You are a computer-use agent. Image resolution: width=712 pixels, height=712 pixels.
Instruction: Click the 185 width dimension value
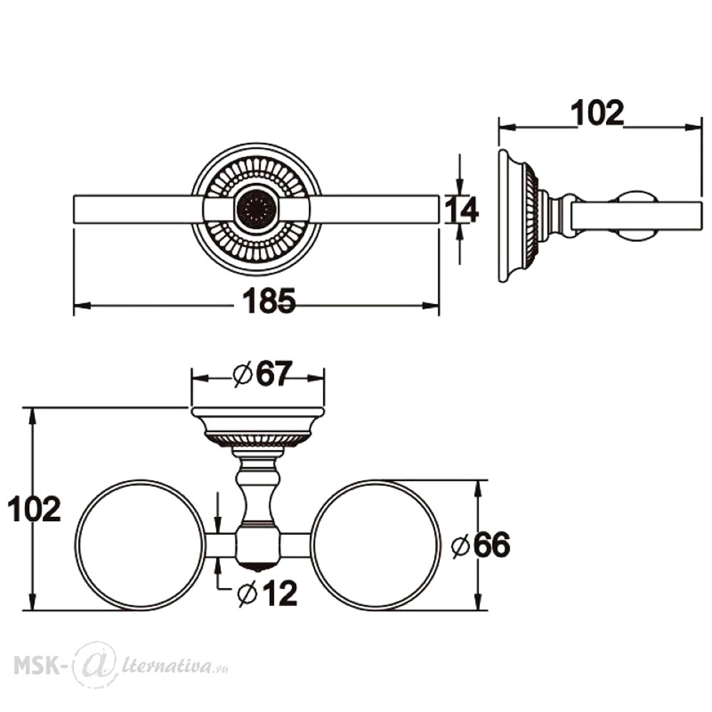pos(269,300)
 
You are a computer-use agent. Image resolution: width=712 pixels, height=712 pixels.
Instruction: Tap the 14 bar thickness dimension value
pos(461,210)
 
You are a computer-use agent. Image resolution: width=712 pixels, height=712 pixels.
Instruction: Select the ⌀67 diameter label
pos(261,375)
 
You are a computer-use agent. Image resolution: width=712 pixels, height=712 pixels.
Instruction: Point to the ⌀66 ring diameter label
pos(481,545)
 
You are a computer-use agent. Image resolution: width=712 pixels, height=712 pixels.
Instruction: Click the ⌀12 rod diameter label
pos(268,593)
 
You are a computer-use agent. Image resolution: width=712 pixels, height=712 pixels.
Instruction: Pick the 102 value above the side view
pos(597,112)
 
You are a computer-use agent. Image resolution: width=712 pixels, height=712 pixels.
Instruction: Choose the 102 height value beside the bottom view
pos(34,509)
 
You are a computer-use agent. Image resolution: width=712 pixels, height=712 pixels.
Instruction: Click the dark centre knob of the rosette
pos(256,209)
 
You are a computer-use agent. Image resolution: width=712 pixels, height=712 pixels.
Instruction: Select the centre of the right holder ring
pos(377,545)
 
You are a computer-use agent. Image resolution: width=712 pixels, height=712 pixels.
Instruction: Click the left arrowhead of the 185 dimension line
pos(82,305)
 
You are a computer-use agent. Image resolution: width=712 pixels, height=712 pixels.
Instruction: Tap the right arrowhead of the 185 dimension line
pos(431,305)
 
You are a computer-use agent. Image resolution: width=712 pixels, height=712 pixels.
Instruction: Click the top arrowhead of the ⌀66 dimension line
pos(477,488)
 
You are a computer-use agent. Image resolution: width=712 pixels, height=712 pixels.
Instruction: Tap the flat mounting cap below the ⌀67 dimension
pos(258,412)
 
